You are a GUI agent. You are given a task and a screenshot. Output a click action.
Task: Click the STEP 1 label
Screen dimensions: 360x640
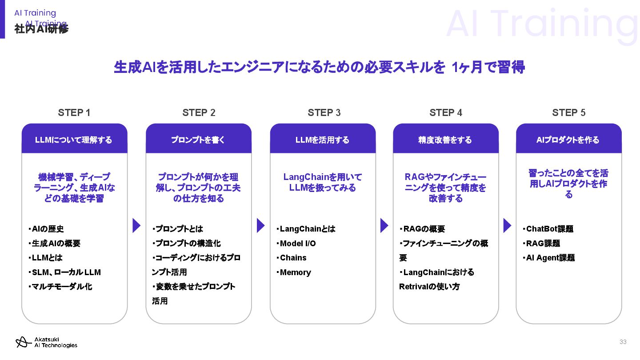click(x=74, y=113)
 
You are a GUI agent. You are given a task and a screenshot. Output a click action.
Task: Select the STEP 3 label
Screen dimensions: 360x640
click(x=324, y=113)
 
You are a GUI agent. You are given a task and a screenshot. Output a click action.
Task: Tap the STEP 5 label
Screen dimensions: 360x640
click(x=568, y=113)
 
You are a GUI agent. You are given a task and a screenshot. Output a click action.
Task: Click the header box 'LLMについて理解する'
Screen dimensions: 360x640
click(x=74, y=140)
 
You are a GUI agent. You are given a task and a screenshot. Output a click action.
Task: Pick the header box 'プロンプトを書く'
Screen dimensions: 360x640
click(x=198, y=140)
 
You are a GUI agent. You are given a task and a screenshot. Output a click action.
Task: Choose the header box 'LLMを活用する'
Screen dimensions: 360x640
click(x=323, y=140)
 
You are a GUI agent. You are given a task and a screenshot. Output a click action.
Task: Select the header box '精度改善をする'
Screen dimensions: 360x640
click(x=445, y=140)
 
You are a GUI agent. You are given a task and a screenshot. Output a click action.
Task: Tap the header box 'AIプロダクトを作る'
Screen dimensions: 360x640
click(x=568, y=140)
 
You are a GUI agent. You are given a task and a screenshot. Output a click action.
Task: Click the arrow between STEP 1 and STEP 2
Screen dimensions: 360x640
click(x=136, y=225)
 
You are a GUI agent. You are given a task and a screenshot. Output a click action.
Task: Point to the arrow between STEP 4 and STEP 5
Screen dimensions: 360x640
click(x=507, y=225)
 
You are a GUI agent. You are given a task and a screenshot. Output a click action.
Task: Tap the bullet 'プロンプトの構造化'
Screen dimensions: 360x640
click(x=187, y=244)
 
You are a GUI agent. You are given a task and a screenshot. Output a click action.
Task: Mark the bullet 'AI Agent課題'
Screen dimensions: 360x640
click(x=549, y=258)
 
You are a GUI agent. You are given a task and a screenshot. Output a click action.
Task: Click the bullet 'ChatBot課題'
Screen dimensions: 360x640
click(x=549, y=229)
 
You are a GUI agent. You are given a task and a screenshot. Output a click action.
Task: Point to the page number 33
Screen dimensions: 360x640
click(x=623, y=342)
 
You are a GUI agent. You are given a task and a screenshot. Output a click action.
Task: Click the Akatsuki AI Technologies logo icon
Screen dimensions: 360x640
click(x=21, y=342)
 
